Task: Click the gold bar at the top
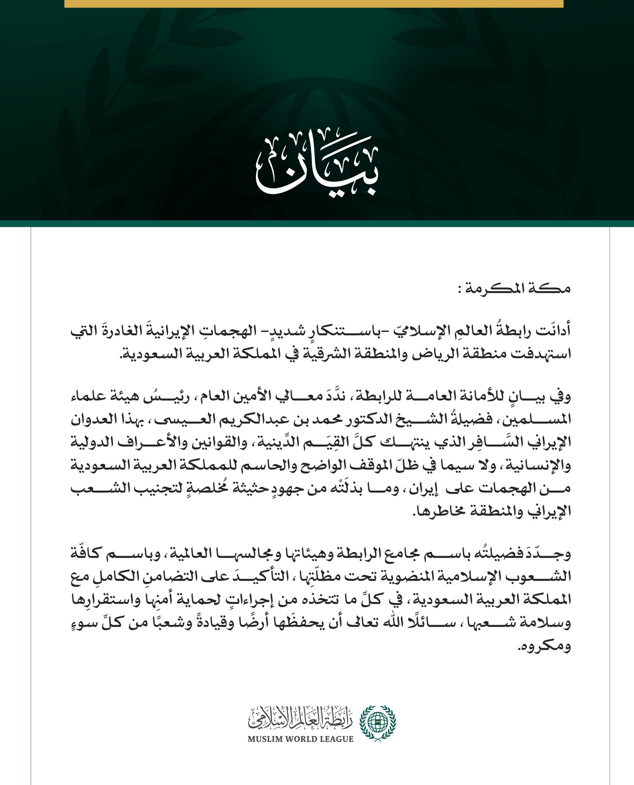[x=314, y=3]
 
